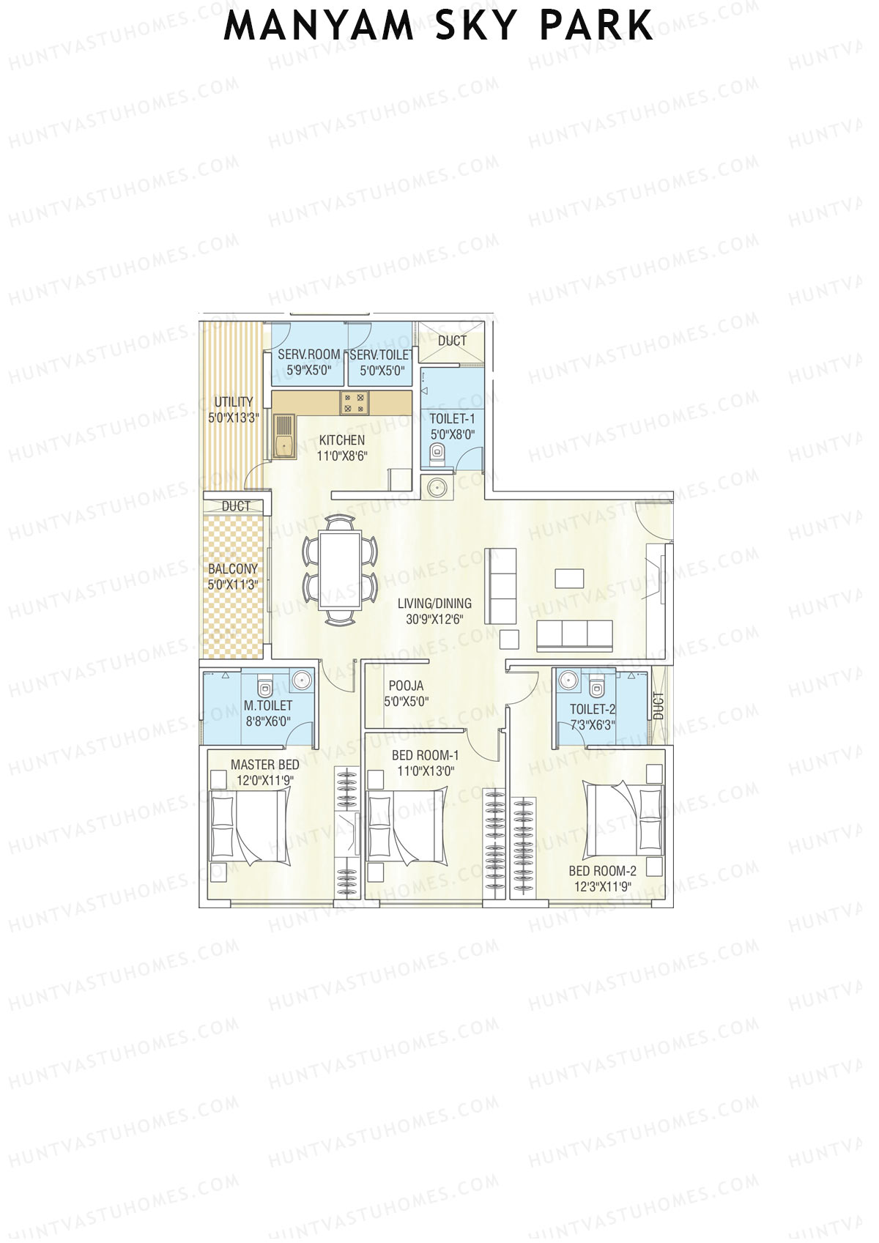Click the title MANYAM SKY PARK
(x=438, y=26)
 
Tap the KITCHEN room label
(x=341, y=440)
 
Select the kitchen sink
(x=283, y=437)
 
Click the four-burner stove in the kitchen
(x=355, y=401)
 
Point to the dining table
(x=340, y=571)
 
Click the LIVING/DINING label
(x=434, y=604)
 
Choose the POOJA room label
(x=406, y=686)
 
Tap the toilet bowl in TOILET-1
(x=437, y=457)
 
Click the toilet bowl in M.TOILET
(x=265, y=687)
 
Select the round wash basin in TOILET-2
(x=568, y=681)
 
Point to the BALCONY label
(x=233, y=569)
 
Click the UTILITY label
(x=234, y=402)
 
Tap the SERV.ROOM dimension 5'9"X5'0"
(x=308, y=371)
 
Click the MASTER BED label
(x=264, y=765)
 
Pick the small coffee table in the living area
(x=569, y=579)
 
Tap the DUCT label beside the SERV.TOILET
(x=452, y=341)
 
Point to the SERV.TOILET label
(x=381, y=355)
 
